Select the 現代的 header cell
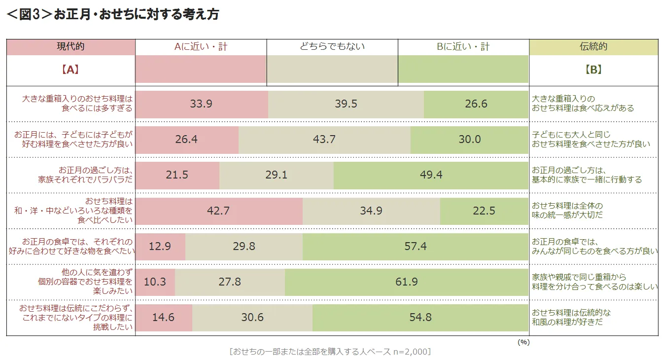(x=70, y=47)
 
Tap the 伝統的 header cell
(x=593, y=47)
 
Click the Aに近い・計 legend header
(x=201, y=47)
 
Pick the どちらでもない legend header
(x=332, y=47)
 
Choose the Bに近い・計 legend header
(x=463, y=47)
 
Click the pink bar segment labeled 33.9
(x=201, y=104)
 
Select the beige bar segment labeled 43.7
(x=324, y=140)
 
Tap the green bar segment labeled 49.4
(x=431, y=175)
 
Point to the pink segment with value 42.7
(x=218, y=211)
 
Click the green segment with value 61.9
(x=407, y=282)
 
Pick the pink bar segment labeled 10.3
(x=155, y=282)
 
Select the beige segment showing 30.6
(x=252, y=317)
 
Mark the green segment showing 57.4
(x=415, y=246)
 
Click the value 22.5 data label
(x=484, y=211)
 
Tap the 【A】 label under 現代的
(x=70, y=70)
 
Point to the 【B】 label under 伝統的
(x=593, y=70)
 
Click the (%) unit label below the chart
(x=523, y=342)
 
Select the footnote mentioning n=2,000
(x=330, y=352)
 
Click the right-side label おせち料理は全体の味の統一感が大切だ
(x=567, y=211)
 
